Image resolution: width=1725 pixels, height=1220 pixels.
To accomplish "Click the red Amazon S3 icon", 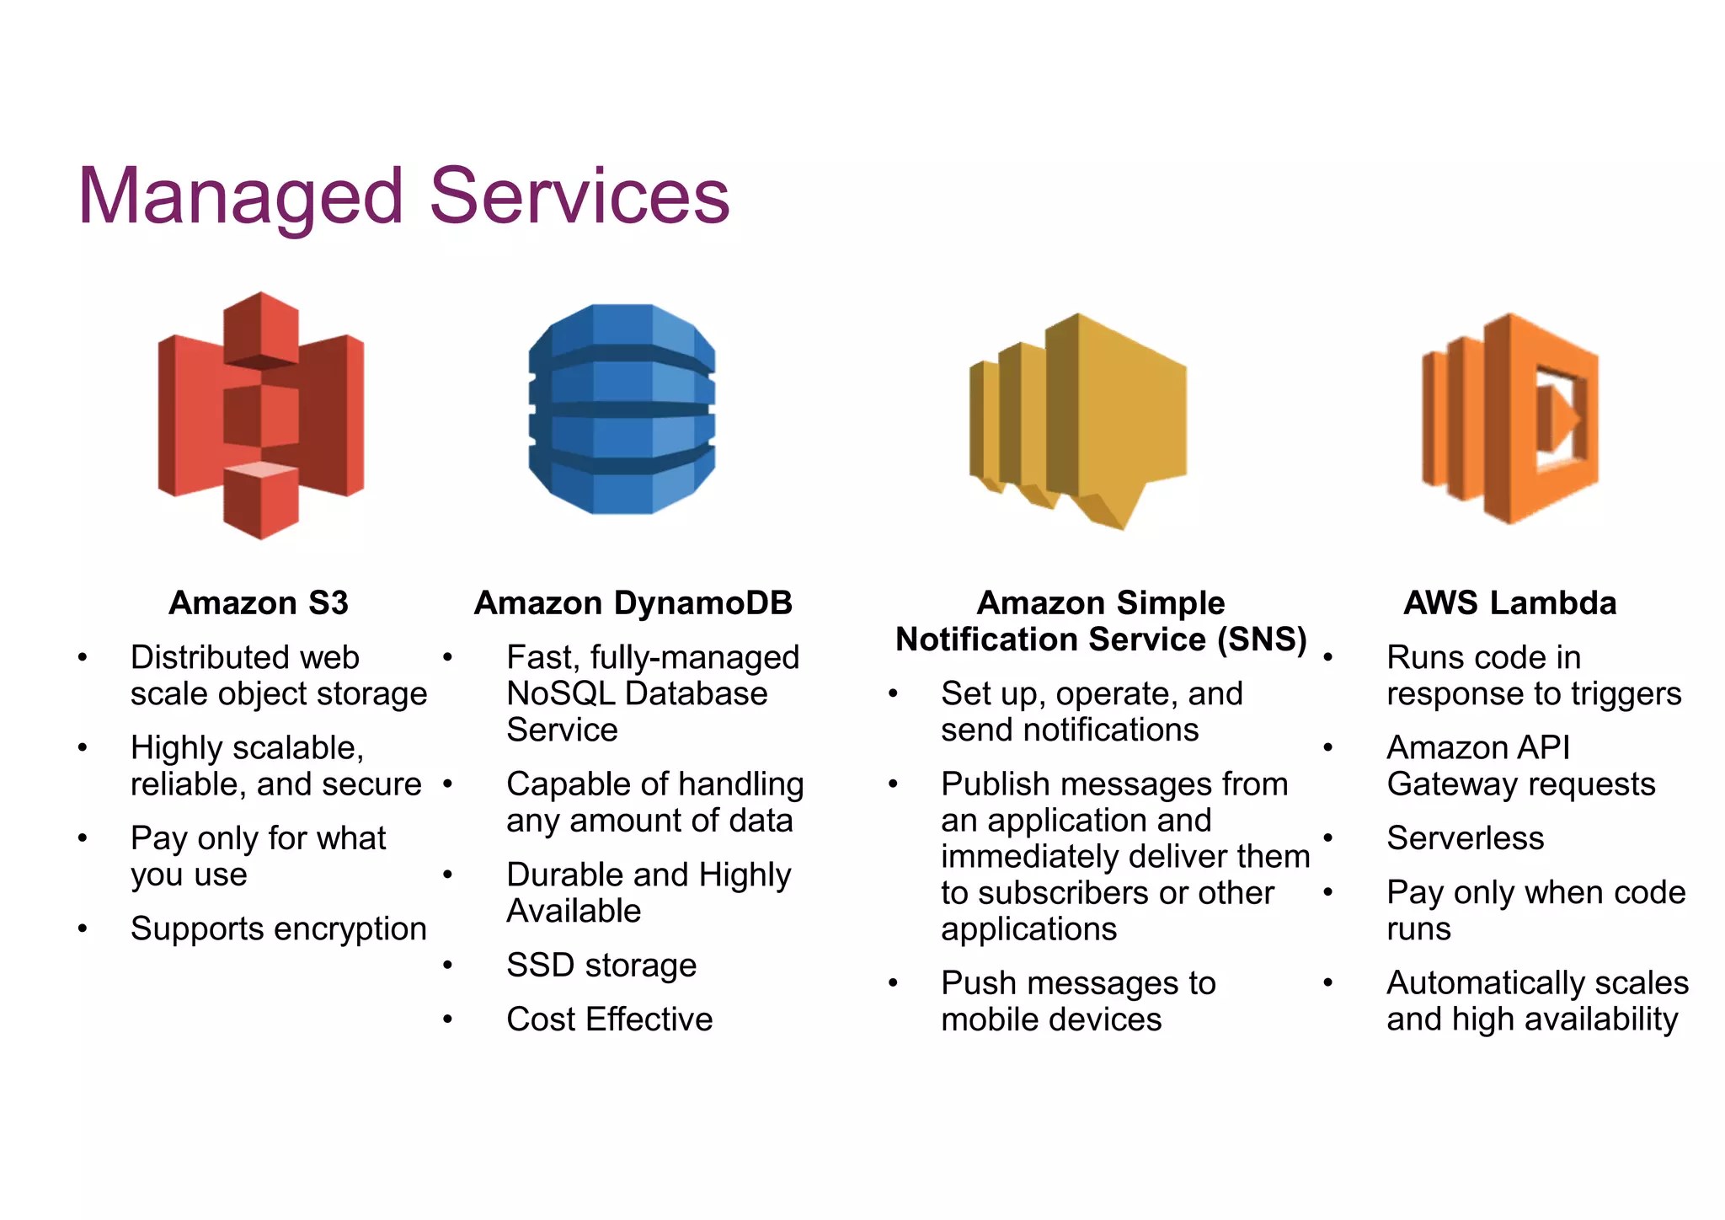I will (x=261, y=415).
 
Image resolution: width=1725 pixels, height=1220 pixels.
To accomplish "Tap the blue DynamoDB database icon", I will (x=622, y=409).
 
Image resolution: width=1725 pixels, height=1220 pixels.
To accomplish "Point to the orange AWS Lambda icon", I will (x=1510, y=418).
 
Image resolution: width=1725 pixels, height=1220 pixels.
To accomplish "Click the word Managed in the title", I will (x=241, y=196).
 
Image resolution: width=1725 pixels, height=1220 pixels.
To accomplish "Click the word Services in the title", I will (x=579, y=196).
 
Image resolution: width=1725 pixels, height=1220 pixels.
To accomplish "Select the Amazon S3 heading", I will (x=259, y=603).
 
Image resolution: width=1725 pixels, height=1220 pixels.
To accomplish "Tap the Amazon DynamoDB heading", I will (x=633, y=603).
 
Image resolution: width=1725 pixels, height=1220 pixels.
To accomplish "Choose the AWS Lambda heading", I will (x=1510, y=603).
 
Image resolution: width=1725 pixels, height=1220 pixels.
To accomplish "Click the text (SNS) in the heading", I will (x=1262, y=639).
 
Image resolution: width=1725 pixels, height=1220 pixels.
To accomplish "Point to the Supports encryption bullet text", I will (x=279, y=928).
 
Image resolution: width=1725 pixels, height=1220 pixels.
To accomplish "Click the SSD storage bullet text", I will (x=601, y=965).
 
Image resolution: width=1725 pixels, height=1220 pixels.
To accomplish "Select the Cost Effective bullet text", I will (x=610, y=1019).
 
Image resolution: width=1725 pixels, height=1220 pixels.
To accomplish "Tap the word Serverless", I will (x=1466, y=838).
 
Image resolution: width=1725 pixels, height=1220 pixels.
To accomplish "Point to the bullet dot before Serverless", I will (x=1328, y=838).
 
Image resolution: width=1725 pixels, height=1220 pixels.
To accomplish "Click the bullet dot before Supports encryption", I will (x=83, y=928).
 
